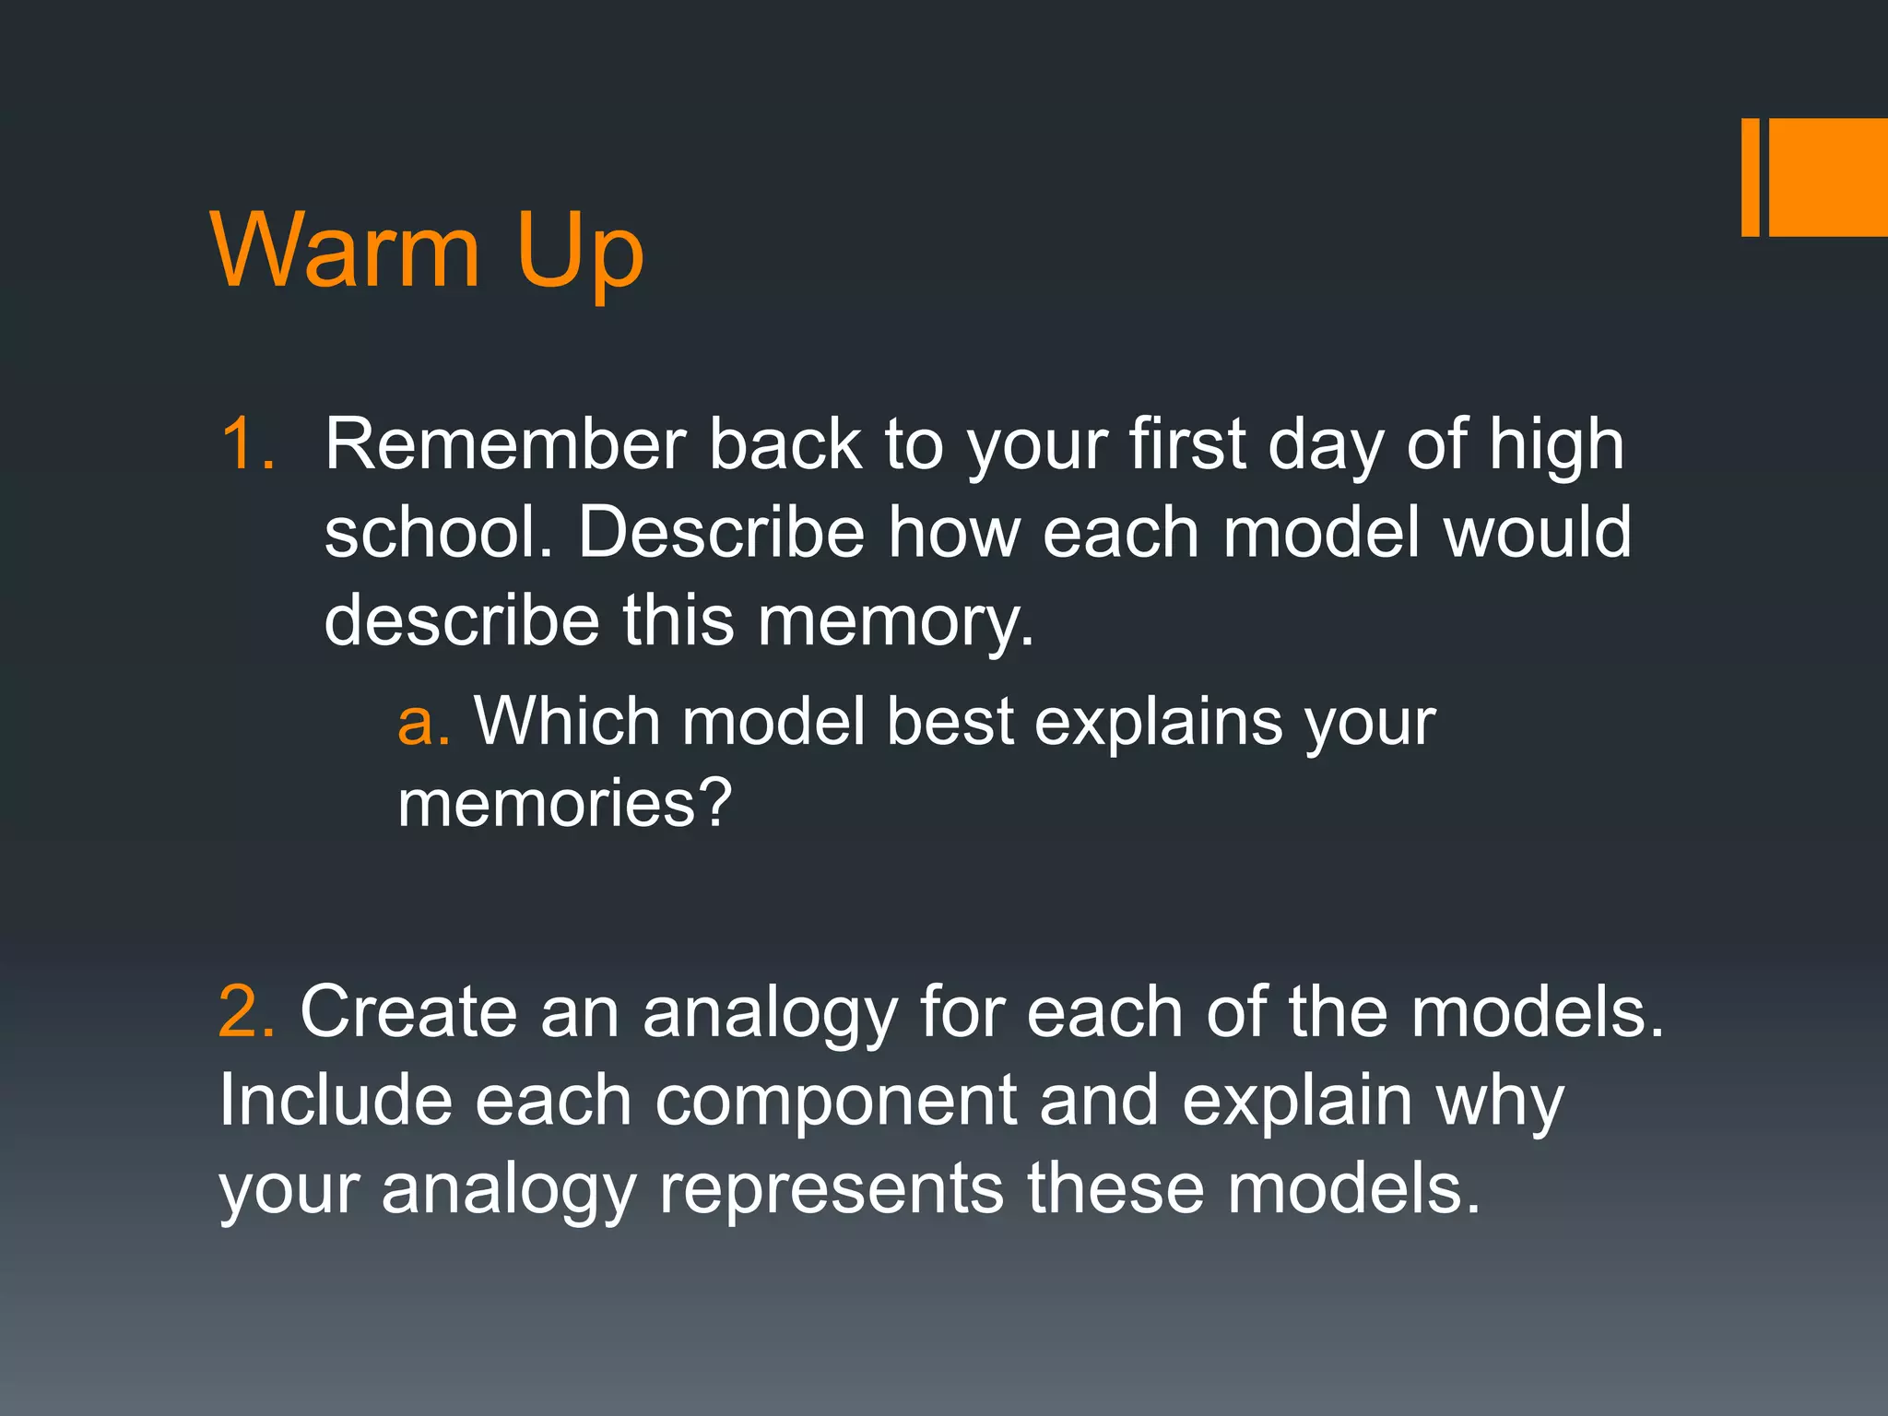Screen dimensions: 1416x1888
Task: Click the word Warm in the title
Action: pos(346,250)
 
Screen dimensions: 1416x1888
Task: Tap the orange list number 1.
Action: pos(247,444)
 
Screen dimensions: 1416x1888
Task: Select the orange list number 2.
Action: pos(245,1012)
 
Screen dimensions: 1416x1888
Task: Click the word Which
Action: pos(567,721)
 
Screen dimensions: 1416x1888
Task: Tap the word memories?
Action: pos(564,803)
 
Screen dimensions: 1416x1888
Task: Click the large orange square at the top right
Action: pos(1828,177)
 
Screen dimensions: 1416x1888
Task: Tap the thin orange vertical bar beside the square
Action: pos(1750,177)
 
